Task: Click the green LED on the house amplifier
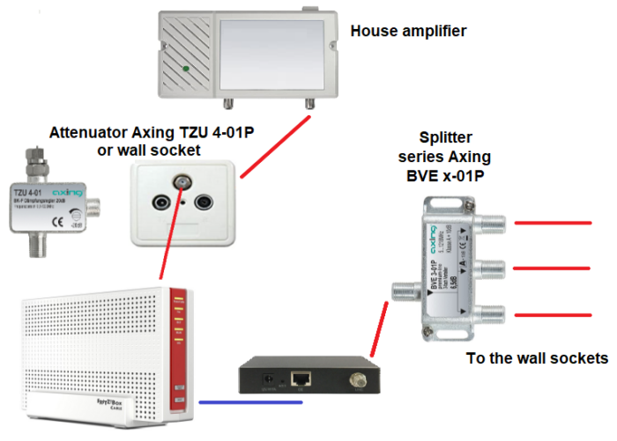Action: tap(184, 68)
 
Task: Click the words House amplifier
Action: tap(407, 32)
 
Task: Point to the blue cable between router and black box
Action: tap(251, 402)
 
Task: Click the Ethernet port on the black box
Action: tap(303, 378)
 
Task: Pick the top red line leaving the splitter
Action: tap(556, 224)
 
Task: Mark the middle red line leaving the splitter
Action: tap(556, 267)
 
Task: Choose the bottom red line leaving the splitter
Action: tap(556, 312)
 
